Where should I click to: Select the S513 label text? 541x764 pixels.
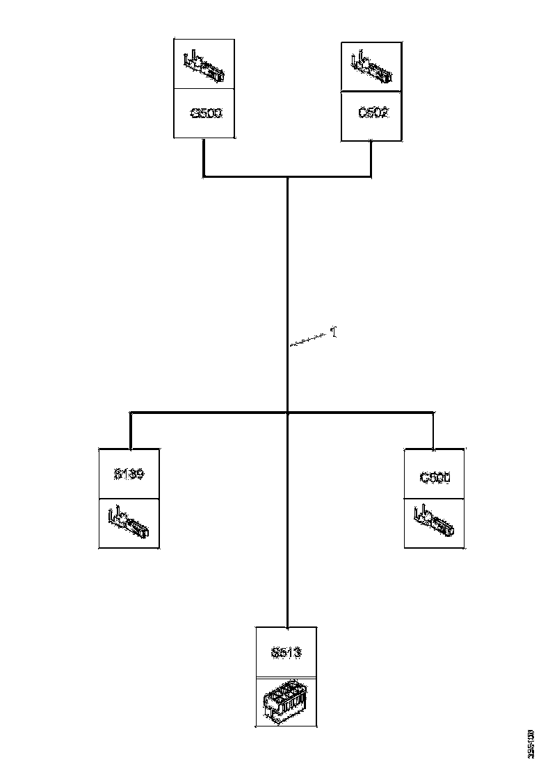point(286,653)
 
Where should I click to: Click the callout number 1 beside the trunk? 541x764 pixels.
point(334,333)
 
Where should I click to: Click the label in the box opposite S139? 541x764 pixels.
point(435,478)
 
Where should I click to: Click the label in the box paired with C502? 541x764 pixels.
point(205,113)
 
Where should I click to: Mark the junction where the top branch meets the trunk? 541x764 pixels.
point(287,177)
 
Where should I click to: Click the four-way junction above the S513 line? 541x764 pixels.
point(287,413)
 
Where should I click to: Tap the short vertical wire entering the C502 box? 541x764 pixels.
point(371,158)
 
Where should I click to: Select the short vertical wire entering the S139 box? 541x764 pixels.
point(131,431)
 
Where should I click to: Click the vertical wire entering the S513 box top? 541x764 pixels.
point(287,597)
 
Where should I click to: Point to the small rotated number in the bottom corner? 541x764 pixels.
point(531,742)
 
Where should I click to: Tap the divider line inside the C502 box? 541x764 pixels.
point(371,92)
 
